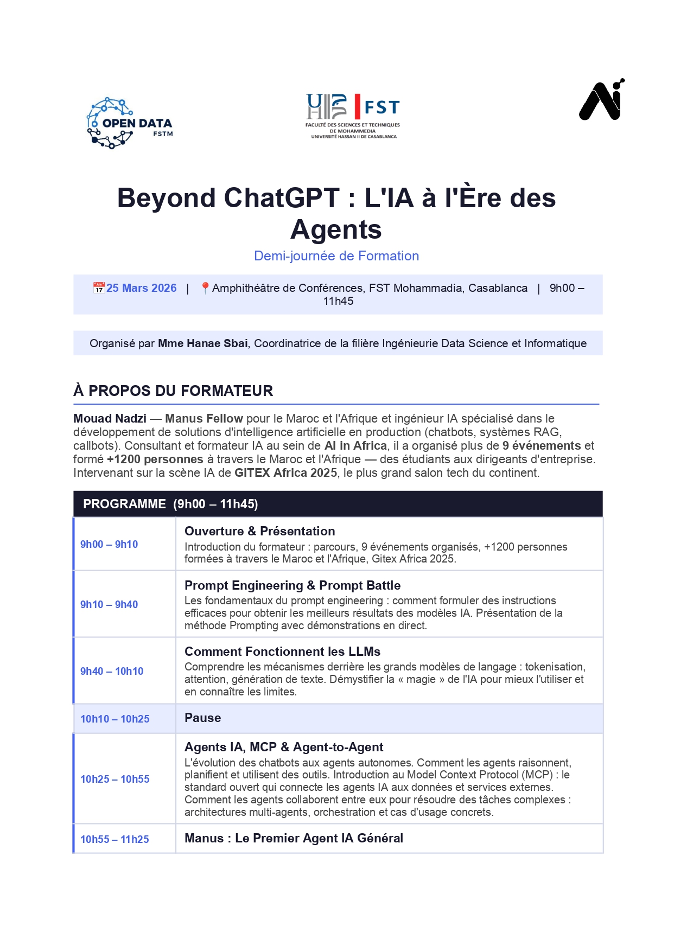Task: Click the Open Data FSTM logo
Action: coord(130,123)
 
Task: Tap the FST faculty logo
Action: coord(353,116)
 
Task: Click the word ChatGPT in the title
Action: coord(281,198)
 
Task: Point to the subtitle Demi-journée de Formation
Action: coord(336,256)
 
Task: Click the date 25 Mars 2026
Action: coord(141,288)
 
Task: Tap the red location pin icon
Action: coord(205,288)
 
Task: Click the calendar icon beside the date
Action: coord(99,288)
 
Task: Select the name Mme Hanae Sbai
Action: coord(202,343)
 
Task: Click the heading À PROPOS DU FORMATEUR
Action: coord(173,391)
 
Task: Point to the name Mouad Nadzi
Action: coord(110,418)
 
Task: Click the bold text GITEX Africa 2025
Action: coord(285,472)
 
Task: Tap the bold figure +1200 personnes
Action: coord(155,459)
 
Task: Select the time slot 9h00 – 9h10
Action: coord(109,544)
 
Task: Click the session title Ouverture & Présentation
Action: coord(259,531)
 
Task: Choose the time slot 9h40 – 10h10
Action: coord(112,671)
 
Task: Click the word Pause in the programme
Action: coord(202,718)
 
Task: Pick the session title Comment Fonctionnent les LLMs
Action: coord(282,651)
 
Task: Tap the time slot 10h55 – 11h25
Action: coord(115,839)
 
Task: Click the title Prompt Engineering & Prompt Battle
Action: coord(293,585)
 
